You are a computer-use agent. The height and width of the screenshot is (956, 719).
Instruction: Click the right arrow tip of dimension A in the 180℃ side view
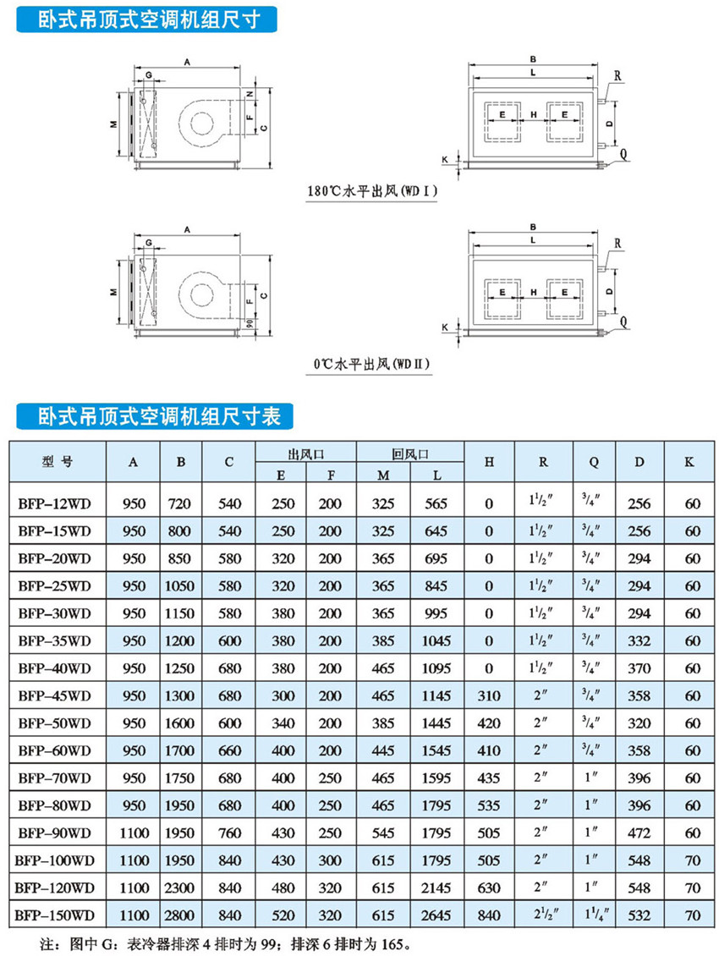pyautogui.click(x=239, y=67)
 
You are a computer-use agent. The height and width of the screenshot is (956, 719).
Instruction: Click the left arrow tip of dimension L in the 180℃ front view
pyautogui.click(x=473, y=78)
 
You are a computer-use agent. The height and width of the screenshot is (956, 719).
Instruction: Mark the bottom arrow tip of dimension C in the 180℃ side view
pyautogui.click(x=270, y=167)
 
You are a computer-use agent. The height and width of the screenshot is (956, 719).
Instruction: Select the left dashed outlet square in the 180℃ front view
pyautogui.click(x=502, y=122)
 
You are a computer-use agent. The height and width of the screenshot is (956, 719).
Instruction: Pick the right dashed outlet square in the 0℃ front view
pyautogui.click(x=565, y=299)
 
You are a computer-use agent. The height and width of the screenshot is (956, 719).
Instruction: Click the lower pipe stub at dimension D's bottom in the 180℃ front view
pyautogui.click(x=602, y=146)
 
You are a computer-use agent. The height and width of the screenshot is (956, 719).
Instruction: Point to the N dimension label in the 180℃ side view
pyautogui.click(x=250, y=94)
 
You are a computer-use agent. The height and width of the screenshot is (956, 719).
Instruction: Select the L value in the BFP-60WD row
pyautogui.click(x=436, y=750)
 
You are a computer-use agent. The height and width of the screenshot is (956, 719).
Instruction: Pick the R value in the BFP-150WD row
pyautogui.click(x=543, y=914)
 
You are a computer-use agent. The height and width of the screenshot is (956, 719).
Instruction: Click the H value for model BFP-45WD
pyautogui.click(x=489, y=695)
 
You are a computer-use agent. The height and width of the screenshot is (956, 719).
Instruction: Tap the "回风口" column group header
pyautogui.click(x=409, y=454)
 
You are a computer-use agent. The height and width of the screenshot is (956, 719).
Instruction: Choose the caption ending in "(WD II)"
pyautogui.click(x=371, y=365)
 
